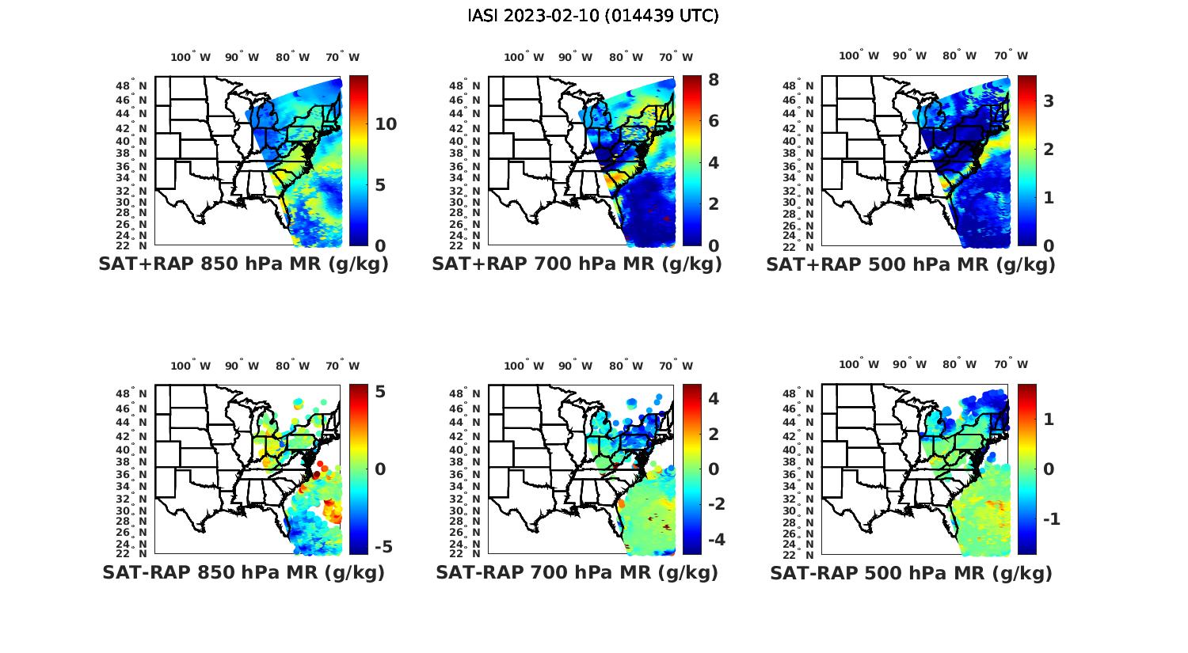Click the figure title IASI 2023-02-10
pos(593,16)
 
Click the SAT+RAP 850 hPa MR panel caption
pos(243,264)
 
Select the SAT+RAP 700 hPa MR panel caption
pos(577,264)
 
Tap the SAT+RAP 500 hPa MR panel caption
pos(911,264)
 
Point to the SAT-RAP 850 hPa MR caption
pos(243,572)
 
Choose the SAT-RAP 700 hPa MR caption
pos(577,572)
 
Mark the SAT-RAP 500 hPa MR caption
pos(911,572)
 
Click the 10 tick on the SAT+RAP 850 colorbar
pos(386,124)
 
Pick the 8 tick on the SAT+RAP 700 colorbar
pos(714,80)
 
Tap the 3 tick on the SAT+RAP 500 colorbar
pos(1048,101)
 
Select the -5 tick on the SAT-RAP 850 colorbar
pos(383,547)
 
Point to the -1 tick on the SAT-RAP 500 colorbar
pos(1049,518)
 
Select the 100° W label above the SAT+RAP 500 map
pos(859,55)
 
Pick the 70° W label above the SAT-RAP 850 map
pos(342,366)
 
